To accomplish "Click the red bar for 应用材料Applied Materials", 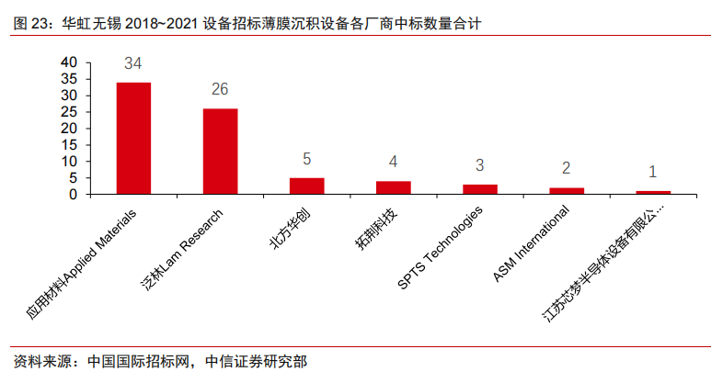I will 133,139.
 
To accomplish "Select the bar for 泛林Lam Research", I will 220,152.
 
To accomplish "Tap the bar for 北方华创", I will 306,186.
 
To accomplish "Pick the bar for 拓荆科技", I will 393,188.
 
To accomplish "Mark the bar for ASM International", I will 566,191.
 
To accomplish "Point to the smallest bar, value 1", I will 653,193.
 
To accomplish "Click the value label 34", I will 133,64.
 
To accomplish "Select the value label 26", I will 220,90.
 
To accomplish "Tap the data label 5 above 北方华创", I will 306,160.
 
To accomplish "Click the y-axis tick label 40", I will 70,62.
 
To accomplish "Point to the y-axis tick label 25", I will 70,112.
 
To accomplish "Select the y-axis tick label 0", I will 75,195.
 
